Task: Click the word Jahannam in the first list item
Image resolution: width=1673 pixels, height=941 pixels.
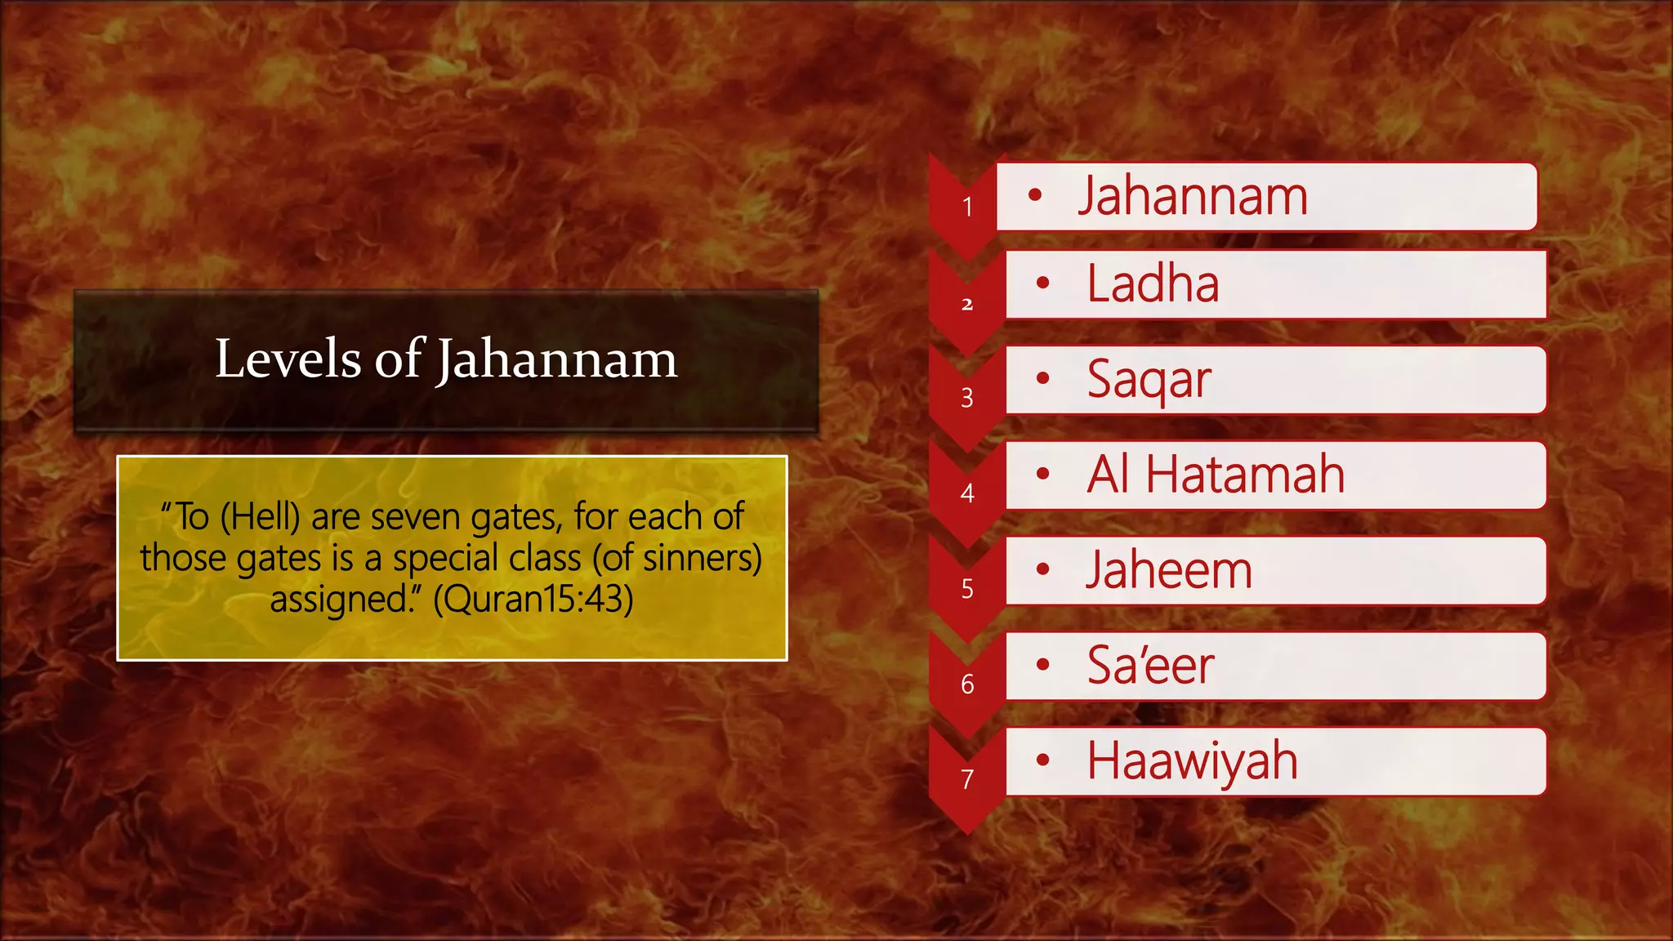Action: click(1193, 197)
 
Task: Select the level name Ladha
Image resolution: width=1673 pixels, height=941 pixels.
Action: click(1153, 284)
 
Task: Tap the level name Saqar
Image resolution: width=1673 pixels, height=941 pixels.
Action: click(1149, 380)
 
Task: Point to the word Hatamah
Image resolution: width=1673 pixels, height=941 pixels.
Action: click(1245, 475)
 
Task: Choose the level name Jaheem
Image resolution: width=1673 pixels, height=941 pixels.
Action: click(1169, 570)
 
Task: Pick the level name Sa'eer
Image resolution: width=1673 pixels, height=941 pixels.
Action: click(1150, 666)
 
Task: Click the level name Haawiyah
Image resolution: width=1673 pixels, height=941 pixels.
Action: click(1192, 761)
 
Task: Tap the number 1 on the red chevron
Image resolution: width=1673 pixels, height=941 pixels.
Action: click(967, 207)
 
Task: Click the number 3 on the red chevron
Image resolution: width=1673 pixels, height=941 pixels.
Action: click(967, 398)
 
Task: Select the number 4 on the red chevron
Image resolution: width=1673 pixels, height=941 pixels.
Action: click(967, 493)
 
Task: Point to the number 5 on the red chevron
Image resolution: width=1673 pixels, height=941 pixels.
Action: click(967, 589)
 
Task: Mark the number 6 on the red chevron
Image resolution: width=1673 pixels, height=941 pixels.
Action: click(967, 685)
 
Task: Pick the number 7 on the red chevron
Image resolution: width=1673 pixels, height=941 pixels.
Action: click(967, 780)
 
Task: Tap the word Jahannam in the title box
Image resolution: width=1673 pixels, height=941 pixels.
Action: click(556, 360)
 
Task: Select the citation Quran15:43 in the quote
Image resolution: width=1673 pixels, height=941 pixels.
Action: click(533, 600)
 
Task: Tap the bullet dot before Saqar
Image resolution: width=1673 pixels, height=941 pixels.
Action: click(1042, 378)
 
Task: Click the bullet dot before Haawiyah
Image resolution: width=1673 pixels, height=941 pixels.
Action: click(1042, 760)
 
